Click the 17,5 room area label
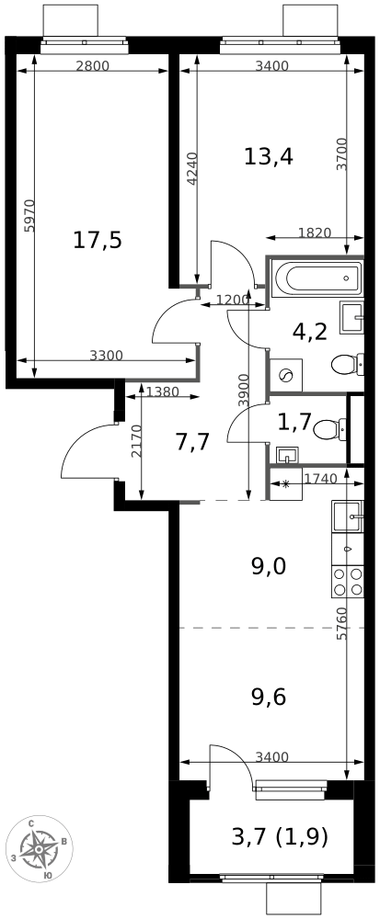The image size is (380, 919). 98,241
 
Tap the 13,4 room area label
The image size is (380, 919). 269,156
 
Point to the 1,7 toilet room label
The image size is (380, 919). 294,422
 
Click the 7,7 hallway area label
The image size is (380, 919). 192,442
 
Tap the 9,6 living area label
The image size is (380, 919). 269,698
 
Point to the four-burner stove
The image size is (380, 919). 348,582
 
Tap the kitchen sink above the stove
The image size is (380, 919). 348,517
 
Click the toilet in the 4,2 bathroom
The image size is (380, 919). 346,365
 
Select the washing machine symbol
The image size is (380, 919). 285,375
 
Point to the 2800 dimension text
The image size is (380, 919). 92,66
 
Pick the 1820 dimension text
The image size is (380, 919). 315,233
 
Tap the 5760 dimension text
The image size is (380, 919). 341,625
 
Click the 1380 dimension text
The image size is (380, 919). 163,392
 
